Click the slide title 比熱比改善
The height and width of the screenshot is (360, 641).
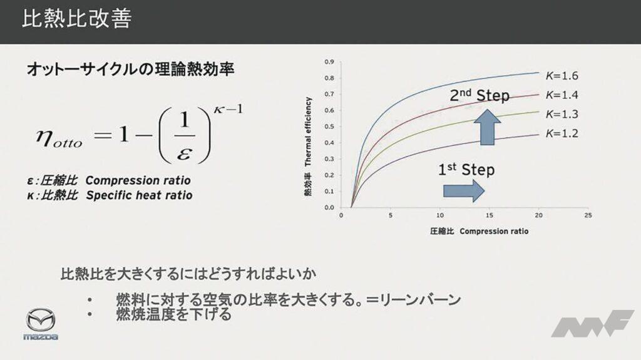coord(76,19)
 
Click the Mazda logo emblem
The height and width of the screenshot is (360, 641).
coord(41,319)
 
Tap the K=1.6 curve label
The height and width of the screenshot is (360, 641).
coord(562,76)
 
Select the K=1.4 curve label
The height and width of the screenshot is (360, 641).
coord(562,95)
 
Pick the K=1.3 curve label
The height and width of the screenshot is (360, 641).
coord(562,114)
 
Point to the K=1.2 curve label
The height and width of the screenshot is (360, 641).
coord(562,133)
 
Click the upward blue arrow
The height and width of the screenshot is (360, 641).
coord(487,127)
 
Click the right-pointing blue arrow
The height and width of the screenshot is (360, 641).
coord(464,190)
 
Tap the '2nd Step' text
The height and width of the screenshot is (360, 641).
coord(479,95)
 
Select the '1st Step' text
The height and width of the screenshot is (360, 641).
coord(466,170)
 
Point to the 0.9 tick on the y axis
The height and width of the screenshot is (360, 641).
coord(329,62)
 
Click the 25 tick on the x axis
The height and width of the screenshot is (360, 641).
coord(588,215)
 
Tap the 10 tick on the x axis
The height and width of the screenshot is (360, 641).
coord(440,215)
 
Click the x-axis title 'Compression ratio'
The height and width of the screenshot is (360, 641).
coord(494,232)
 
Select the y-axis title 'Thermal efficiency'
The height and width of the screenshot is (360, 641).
coord(308,131)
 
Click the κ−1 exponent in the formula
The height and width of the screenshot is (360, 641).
coord(228,109)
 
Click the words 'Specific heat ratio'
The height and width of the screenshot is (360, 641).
coord(139,195)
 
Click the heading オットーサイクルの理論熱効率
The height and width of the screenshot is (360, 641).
coord(130,69)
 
